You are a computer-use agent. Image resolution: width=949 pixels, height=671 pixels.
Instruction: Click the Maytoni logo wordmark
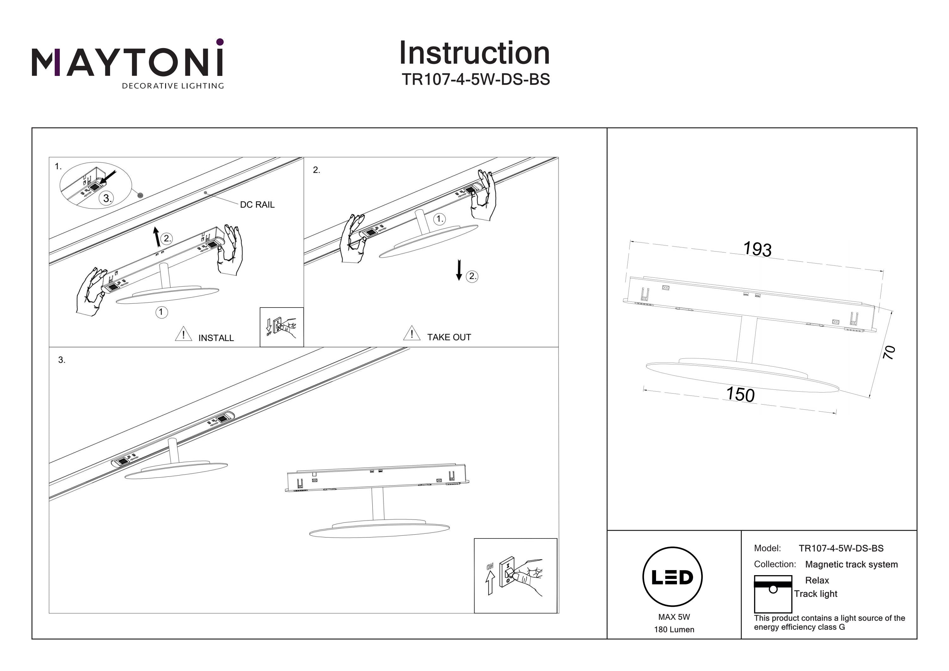[127, 62]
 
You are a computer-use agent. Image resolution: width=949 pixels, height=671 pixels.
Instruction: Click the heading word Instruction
[474, 53]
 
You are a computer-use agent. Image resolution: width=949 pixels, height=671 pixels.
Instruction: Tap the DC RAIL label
[257, 205]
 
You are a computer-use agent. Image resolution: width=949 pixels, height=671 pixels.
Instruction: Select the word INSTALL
[216, 338]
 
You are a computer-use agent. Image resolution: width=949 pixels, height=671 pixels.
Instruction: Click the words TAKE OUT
[449, 337]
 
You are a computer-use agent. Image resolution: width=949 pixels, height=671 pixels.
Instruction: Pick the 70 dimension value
[890, 352]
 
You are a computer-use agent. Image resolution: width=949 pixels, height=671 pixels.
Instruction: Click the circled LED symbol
[672, 577]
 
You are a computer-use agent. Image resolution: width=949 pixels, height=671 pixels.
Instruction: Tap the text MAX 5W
[674, 617]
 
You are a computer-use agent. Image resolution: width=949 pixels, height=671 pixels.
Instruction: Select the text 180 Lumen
[674, 630]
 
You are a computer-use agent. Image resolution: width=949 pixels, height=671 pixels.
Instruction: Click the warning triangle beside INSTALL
[183, 334]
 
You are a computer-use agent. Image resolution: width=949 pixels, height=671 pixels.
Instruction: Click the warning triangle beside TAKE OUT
[411, 333]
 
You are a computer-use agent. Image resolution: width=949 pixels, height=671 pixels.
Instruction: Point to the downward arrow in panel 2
[459, 270]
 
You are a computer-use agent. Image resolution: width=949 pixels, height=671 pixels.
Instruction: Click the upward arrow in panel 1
[156, 237]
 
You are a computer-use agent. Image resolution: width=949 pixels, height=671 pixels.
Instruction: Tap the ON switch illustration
[515, 575]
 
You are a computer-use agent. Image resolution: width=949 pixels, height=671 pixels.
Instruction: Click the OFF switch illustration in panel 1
[282, 326]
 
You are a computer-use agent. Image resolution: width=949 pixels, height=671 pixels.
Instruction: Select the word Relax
[817, 581]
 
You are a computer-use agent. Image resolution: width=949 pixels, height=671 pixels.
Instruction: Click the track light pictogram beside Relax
[772, 594]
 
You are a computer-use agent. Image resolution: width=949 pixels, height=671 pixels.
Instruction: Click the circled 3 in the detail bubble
[107, 198]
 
